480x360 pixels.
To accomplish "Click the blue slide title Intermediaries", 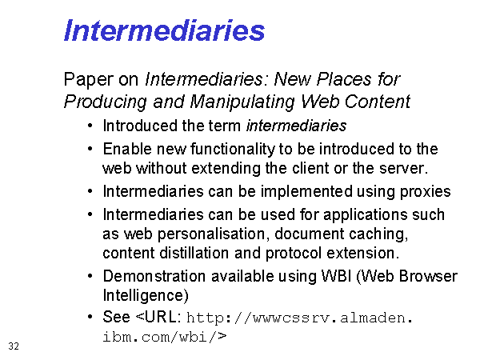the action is click(x=164, y=30).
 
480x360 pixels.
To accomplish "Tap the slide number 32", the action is click(x=14, y=346).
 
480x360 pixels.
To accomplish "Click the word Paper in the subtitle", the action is click(x=89, y=79).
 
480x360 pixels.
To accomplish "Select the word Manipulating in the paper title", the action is click(x=242, y=102).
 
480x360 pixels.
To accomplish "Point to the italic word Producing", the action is click(x=106, y=102).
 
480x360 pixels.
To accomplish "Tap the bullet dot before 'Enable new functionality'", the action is click(x=90, y=149).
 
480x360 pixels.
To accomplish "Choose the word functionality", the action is click(x=233, y=150).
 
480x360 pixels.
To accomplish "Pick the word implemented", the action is click(x=306, y=192).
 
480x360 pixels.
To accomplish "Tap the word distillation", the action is click(x=194, y=253).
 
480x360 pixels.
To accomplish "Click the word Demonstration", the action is click(x=154, y=276).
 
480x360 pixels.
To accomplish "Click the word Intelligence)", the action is click(x=146, y=296).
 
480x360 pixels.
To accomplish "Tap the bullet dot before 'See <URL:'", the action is click(x=90, y=317).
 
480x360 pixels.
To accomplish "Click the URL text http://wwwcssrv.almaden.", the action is click(x=300, y=318).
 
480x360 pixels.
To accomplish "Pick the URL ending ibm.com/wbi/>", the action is click(x=164, y=337).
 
